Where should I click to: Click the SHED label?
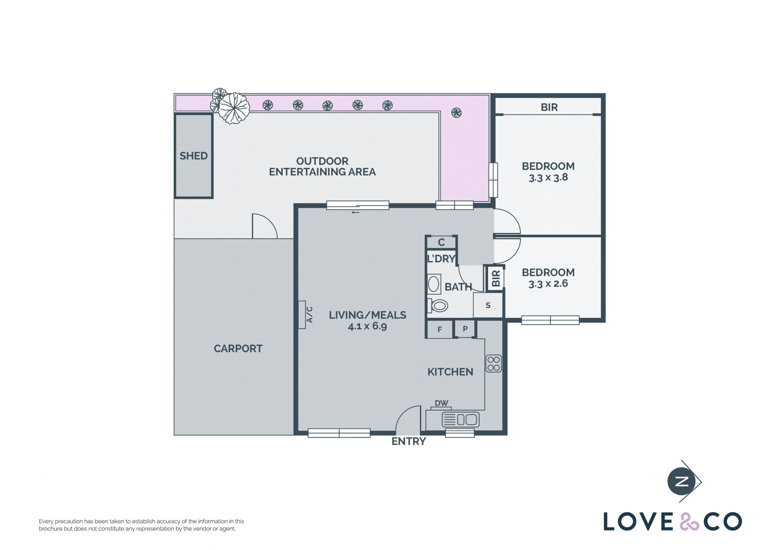point(194,156)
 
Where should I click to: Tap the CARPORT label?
point(238,349)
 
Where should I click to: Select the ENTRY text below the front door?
point(409,441)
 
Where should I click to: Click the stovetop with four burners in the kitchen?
point(494,364)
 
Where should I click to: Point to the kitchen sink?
point(461,419)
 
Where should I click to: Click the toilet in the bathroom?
point(438,306)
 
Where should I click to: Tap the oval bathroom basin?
point(434,284)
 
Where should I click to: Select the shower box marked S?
point(488,305)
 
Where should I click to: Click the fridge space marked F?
point(439,330)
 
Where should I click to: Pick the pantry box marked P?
point(465,329)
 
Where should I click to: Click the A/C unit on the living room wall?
point(303,315)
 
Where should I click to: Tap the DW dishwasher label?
point(441,403)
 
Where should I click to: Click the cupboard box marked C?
point(441,242)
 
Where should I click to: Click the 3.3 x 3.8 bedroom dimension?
point(548,178)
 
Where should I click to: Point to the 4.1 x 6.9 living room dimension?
point(367,326)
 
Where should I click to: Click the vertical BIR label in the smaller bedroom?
point(496,278)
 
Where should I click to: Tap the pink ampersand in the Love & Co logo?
point(689,522)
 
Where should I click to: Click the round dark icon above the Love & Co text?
point(682,482)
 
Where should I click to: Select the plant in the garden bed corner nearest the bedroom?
point(456,112)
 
